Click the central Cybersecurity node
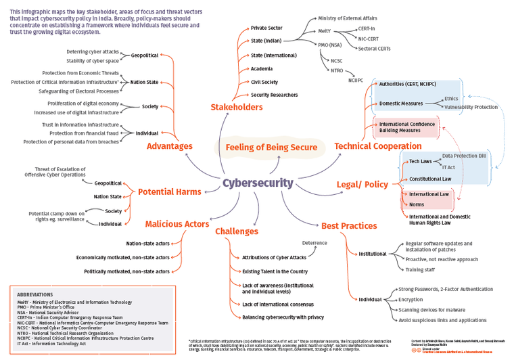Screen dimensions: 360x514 tap(258, 183)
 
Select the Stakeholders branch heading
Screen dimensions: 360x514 tap(236, 107)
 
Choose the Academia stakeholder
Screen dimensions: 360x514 tap(262, 68)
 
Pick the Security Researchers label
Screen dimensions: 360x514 tap(274, 95)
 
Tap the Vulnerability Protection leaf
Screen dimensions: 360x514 tap(471, 107)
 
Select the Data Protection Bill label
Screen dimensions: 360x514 tap(464, 156)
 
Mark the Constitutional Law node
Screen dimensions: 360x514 tap(430, 179)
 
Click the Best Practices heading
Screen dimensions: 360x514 tap(349, 225)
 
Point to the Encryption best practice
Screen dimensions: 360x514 tap(411, 299)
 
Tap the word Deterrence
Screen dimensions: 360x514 tap(314, 242)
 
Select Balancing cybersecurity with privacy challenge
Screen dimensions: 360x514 tap(283, 317)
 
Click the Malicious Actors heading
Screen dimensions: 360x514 tap(177, 224)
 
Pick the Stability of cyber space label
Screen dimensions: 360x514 tap(93, 61)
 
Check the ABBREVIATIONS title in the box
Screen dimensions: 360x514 tap(35, 294)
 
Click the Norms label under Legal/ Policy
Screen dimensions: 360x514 tap(417, 204)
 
